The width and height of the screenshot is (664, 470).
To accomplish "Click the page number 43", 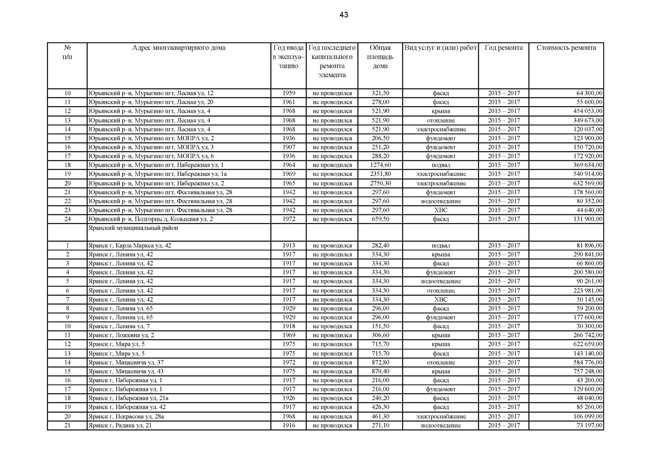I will pos(344,15).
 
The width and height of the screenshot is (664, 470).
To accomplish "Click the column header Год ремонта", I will pos(503,48).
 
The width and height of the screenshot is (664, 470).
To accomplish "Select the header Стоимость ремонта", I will pos(566,48).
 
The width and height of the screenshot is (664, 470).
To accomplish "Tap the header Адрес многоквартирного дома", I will pos(179,48).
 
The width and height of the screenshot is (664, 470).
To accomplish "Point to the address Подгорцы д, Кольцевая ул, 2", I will pos(151,219).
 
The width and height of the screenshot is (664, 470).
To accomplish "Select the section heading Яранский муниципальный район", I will pos(133,228).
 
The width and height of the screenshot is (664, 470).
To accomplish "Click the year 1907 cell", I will pos(289,147).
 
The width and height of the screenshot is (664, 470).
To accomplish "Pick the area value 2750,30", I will pos(380,183).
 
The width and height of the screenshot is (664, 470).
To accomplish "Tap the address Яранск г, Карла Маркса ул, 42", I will pos(130,246).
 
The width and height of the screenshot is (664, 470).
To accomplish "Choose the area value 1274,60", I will pos(380,165).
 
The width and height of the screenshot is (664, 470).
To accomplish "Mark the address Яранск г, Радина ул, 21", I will pos(120,425).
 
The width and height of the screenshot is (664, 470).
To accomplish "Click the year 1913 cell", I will pos(289,246).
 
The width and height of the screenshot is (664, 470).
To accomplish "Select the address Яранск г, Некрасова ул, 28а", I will pos(126,416).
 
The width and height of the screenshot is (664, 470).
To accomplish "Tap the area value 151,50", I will pos(380,326).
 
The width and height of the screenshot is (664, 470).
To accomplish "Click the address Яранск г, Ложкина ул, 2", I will pos(121,335).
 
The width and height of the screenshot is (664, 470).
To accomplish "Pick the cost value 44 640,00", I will pos(589,210).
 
